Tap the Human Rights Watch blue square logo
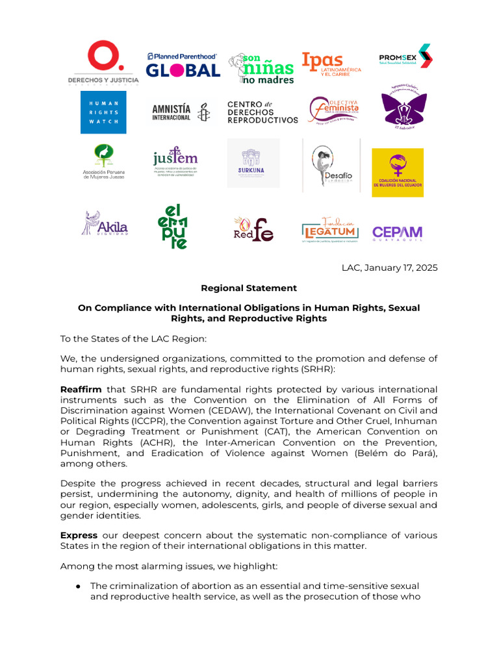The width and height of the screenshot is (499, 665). coord(103,112)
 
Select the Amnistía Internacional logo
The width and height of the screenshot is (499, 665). coord(181,112)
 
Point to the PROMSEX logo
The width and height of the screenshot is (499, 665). coord(405,56)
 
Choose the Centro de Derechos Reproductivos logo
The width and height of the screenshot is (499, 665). coord(262,112)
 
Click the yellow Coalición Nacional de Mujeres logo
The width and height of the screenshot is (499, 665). coord(397,172)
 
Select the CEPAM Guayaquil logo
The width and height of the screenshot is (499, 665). coord(397,232)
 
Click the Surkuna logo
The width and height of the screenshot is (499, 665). coord(253,163)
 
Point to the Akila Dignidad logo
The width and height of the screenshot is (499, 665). coord(104,223)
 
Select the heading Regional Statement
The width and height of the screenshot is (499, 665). coord(249,288)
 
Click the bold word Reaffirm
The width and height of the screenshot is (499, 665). coord(79,389)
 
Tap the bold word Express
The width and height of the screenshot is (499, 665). coord(79,534)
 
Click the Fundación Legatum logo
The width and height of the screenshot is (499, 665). coord(331,231)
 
